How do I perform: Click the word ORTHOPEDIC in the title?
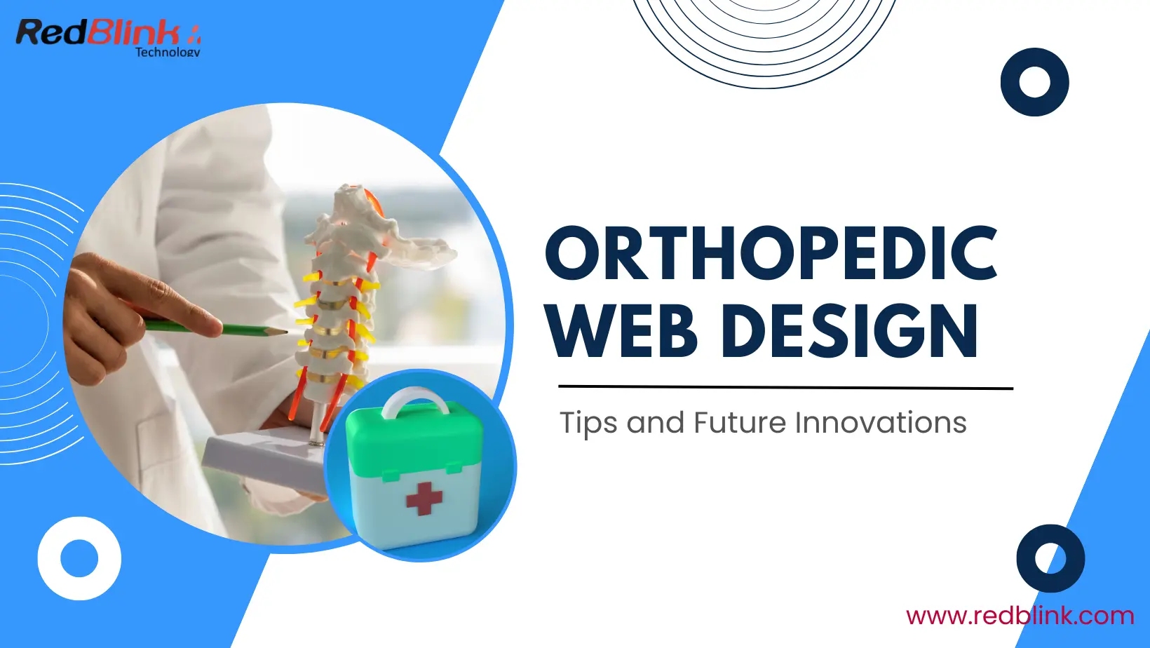[771, 253]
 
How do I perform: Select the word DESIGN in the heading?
[849, 330]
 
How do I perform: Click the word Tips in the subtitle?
[588, 424]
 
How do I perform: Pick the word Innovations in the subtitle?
[881, 423]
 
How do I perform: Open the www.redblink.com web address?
[1020, 615]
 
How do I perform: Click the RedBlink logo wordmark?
[102, 32]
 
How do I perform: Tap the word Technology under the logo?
[168, 51]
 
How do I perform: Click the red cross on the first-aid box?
[424, 498]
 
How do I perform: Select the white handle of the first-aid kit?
[416, 402]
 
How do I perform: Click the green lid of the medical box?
[414, 442]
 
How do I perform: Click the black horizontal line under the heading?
[785, 387]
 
